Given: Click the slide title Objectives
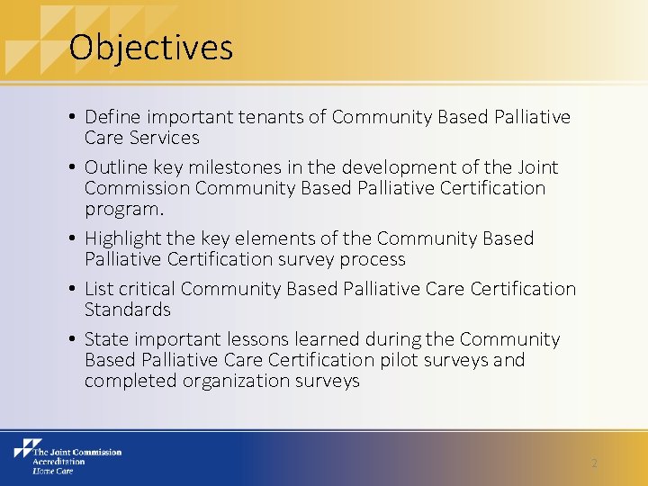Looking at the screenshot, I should tap(150, 47).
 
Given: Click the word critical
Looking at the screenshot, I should tap(147, 289).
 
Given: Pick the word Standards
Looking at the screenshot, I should tap(127, 310).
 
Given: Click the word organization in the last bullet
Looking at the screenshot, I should tap(234, 381).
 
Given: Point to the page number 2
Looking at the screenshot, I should tap(594, 463).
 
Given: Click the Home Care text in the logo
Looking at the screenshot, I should tap(52, 471).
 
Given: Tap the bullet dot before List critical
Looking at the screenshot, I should tap(71, 290).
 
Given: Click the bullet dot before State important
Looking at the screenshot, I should tap(71, 340).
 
